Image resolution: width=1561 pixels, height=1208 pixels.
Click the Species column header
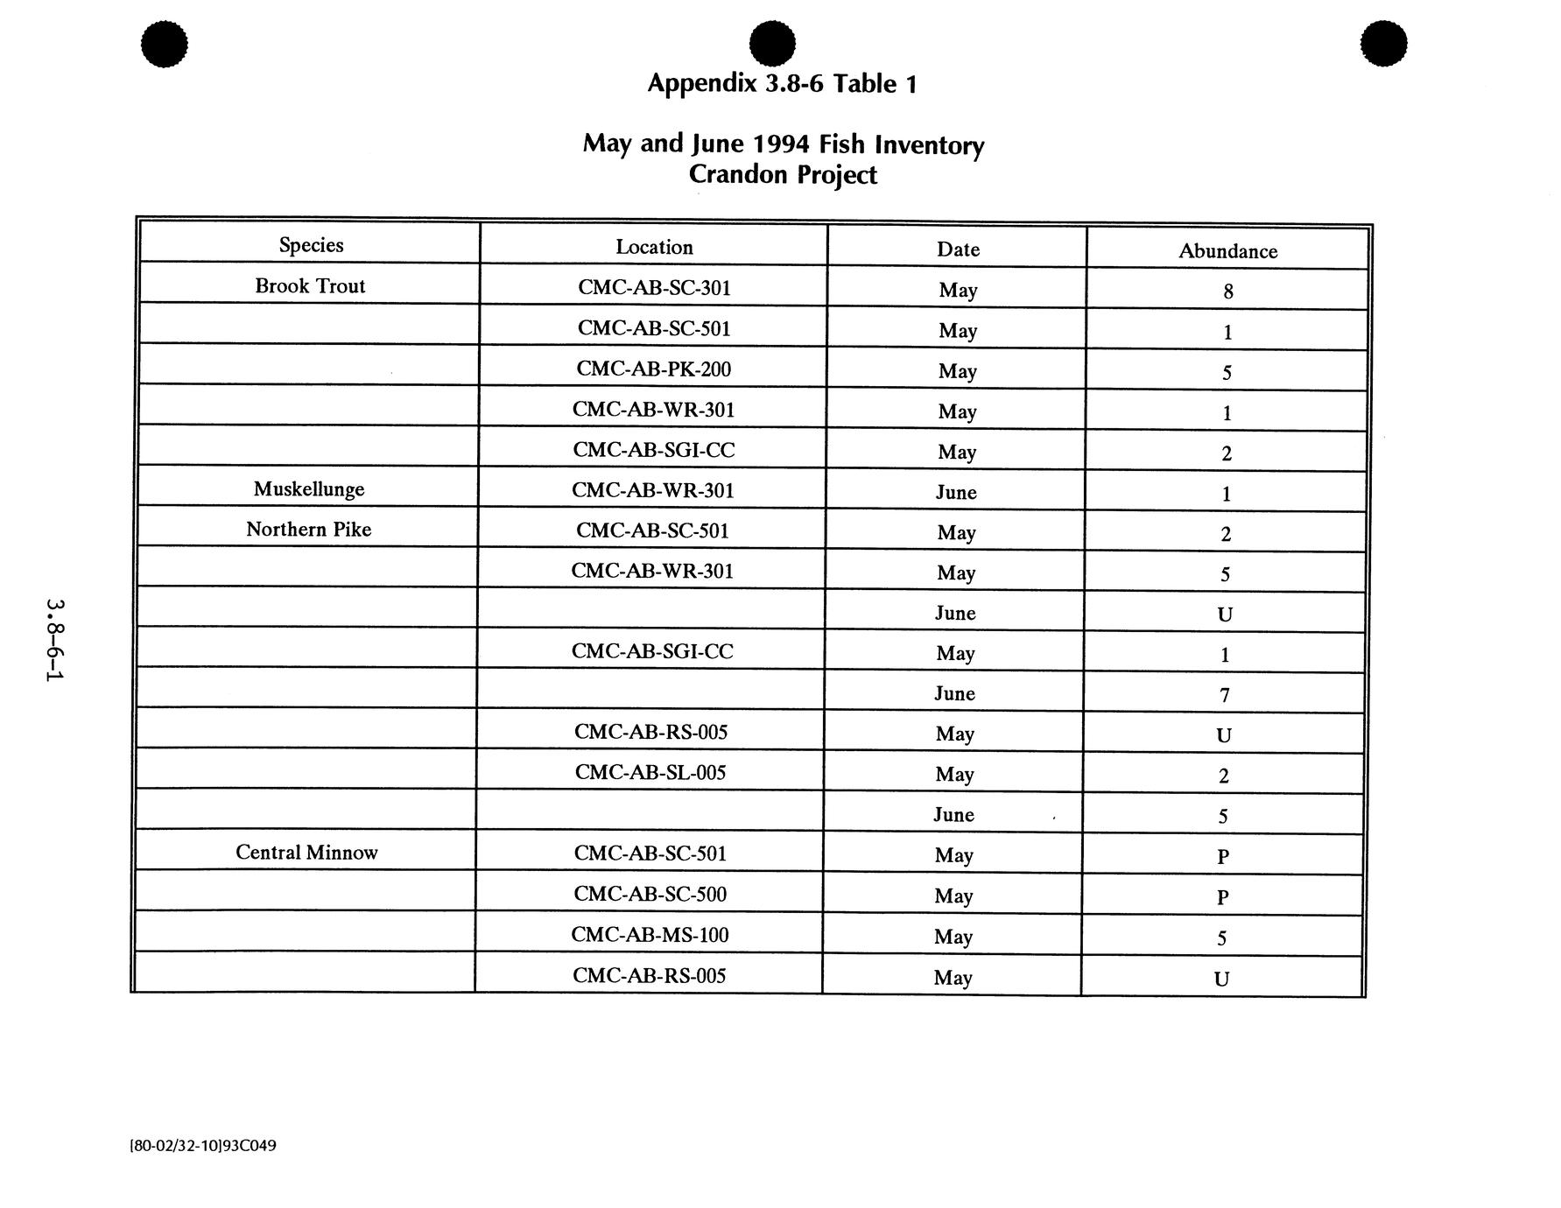coord(311,245)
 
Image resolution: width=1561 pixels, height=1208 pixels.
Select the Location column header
coord(654,248)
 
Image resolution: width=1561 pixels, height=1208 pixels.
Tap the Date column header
coord(958,249)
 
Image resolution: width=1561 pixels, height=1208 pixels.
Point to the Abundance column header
coord(1227,251)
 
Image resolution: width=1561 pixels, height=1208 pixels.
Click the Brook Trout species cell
coord(310,286)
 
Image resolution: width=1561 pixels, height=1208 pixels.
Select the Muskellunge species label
coord(309,489)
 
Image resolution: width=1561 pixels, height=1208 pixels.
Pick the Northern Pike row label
coord(308,530)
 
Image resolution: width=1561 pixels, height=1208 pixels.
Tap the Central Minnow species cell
coord(306,853)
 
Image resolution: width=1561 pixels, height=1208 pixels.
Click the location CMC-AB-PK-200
coord(653,369)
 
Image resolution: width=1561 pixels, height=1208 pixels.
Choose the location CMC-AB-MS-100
coord(650,935)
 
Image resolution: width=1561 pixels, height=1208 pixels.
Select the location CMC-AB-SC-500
coord(650,894)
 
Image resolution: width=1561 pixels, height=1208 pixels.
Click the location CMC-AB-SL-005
coord(650,772)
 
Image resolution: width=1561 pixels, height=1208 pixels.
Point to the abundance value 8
coord(1228,291)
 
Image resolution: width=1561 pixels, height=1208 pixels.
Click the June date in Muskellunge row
coord(956,493)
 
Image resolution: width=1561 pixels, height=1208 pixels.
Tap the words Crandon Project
coord(783,175)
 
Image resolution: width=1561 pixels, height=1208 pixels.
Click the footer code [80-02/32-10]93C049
coord(203,1146)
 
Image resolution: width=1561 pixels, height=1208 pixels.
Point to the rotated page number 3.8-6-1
coord(55,641)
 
